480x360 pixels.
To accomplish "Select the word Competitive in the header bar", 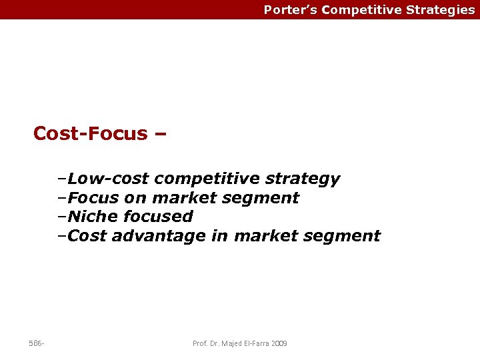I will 361,10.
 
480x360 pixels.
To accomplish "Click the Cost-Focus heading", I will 90,133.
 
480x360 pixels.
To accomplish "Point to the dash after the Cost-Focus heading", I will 160,134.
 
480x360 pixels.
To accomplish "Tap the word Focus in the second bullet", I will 93,198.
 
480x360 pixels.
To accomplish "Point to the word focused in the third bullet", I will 158,217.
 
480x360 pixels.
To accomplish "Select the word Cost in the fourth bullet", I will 87,235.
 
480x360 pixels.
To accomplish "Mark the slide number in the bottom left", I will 36,343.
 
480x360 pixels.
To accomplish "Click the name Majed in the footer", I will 231,343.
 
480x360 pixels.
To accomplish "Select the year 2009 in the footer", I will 279,343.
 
